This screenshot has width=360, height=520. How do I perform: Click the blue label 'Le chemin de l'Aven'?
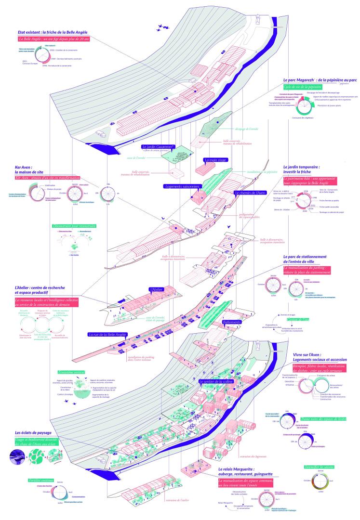[250, 193]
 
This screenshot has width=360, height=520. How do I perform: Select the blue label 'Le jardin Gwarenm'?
[158, 147]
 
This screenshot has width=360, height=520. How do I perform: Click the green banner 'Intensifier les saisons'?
[319, 467]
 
